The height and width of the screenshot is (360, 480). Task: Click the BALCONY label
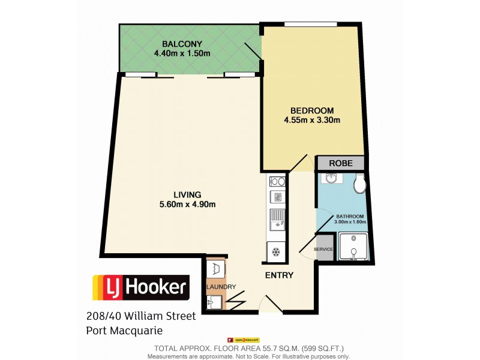tap(182, 43)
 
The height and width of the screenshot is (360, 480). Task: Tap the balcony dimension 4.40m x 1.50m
tap(182, 53)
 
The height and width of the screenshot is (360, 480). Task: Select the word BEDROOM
tap(311, 110)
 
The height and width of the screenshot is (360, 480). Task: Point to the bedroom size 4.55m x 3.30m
tap(312, 120)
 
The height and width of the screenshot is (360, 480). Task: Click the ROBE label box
tap(341, 163)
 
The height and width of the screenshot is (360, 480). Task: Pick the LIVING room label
tap(187, 194)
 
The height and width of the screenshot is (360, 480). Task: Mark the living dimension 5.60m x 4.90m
tap(187, 204)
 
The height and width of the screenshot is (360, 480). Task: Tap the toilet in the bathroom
tap(360, 184)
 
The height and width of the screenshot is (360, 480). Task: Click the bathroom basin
tap(330, 179)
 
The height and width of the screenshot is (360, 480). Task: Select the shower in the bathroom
tap(353, 247)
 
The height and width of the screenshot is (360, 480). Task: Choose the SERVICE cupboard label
tap(324, 249)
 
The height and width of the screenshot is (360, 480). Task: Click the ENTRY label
tap(279, 275)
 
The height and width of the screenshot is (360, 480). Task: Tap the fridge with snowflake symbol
tap(277, 251)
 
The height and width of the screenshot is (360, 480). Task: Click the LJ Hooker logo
tap(140, 287)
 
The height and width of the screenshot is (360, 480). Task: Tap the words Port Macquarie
tap(125, 330)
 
